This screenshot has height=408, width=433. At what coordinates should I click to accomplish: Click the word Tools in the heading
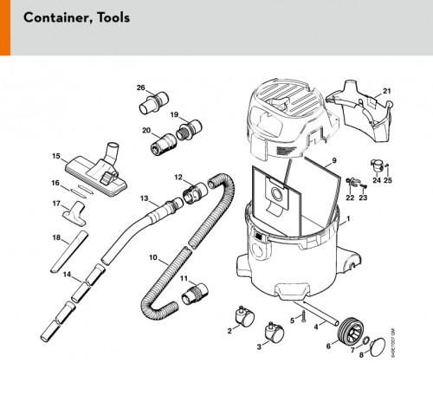click(113, 17)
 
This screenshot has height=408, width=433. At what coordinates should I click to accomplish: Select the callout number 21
click(386, 91)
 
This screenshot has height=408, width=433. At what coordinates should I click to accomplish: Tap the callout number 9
click(334, 160)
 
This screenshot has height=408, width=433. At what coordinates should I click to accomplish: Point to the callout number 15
click(56, 156)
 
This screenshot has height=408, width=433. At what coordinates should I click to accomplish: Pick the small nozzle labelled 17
click(74, 214)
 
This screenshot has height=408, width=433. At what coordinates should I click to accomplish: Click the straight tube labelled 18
click(69, 252)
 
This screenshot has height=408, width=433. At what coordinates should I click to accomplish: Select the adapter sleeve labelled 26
click(153, 103)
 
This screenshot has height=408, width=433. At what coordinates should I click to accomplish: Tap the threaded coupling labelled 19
click(189, 129)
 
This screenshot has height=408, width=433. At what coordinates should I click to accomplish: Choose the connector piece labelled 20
click(163, 143)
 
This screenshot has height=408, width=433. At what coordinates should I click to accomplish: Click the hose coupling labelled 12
click(195, 192)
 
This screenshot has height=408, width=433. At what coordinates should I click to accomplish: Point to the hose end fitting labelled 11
click(194, 294)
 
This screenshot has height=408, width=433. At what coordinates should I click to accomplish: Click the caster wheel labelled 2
click(245, 315)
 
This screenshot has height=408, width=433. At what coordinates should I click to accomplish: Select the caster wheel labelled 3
click(275, 332)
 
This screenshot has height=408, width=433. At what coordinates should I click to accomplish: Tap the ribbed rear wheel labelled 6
click(351, 330)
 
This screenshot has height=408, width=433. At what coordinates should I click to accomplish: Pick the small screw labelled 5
click(303, 316)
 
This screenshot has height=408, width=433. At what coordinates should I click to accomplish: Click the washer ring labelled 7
click(365, 341)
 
